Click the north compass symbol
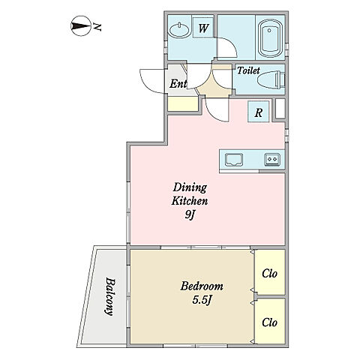(81, 26)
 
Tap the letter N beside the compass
(97, 26)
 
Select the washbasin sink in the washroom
(180, 30)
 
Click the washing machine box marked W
(203, 28)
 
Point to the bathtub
(270, 38)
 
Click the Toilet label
(248, 70)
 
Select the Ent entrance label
(178, 83)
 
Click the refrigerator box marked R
(259, 112)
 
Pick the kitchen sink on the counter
(234, 160)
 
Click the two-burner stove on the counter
(272, 159)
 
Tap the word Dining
(190, 188)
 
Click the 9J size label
(190, 214)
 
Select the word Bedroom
(202, 286)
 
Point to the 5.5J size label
(202, 300)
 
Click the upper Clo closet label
(270, 274)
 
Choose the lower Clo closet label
(270, 322)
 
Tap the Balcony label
(109, 296)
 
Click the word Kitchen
(190, 201)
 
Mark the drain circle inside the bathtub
(269, 31)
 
